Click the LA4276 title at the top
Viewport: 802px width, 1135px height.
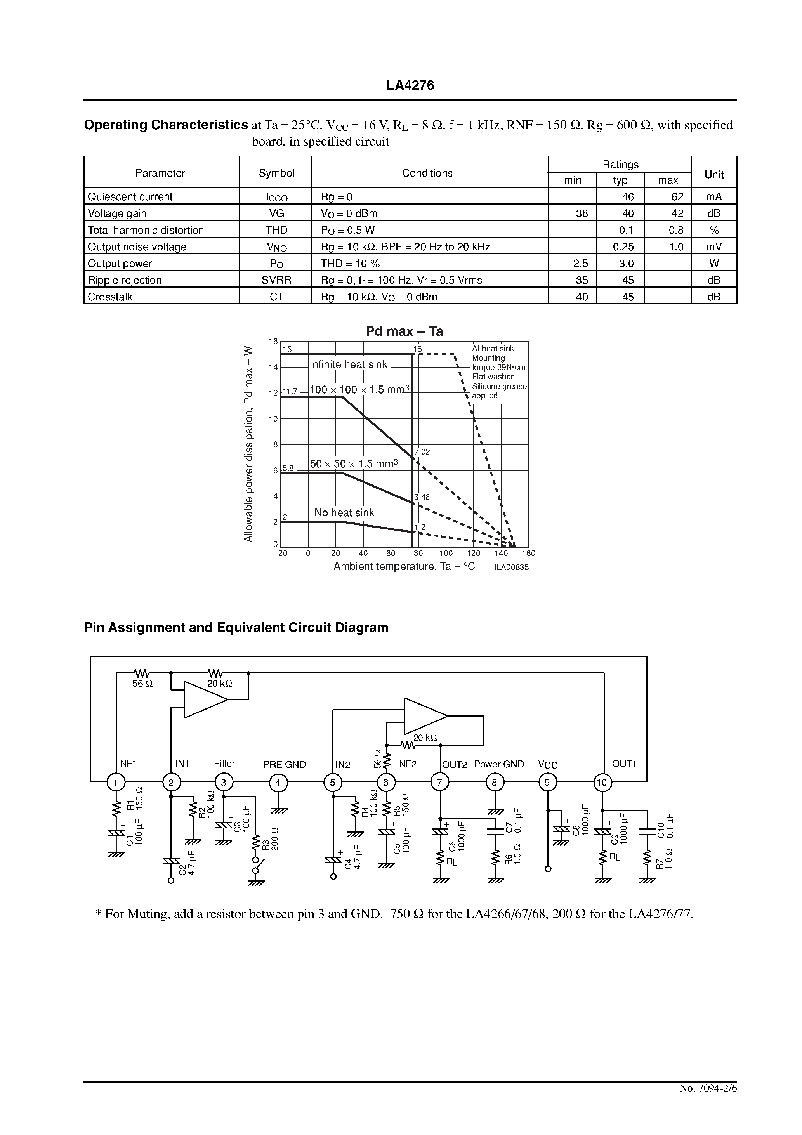coord(410,85)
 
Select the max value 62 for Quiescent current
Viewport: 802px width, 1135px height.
coord(677,197)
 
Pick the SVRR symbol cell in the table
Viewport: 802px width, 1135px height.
coord(276,280)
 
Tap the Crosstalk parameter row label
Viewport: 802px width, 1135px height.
coord(110,297)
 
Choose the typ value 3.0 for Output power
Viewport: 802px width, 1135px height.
coord(627,264)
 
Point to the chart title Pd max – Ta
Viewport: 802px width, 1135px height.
coord(404,331)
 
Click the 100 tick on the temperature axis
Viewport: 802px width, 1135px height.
coord(446,553)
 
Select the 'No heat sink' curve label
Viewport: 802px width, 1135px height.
coord(344,513)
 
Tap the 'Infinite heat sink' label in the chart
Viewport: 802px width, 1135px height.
coord(348,365)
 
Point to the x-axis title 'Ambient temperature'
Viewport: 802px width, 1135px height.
coord(404,566)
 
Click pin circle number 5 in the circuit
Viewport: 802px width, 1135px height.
coord(333,783)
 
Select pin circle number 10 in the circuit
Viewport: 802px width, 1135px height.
coord(602,783)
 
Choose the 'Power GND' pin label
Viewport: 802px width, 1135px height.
coord(498,764)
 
